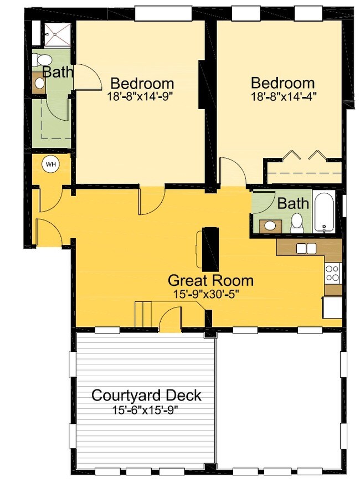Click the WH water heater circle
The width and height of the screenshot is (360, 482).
coord(51,165)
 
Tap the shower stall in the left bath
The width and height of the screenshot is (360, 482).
coord(56,34)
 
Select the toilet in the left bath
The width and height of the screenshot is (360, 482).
coord(43,60)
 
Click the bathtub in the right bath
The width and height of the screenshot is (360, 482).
coord(324,212)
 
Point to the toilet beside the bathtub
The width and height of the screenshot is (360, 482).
coord(297,222)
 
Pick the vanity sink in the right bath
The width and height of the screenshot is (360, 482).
coord(270,225)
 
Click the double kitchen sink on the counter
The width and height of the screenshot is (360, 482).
coord(306,249)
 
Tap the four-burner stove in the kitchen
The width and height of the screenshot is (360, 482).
coord(332,273)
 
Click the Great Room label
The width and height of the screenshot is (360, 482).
coord(210,280)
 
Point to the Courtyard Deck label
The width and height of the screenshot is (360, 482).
coord(146,396)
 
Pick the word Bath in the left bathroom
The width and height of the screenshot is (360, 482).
coord(58,72)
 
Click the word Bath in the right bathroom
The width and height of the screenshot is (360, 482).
coord(293,203)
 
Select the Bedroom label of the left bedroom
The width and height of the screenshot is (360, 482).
coord(142,84)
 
